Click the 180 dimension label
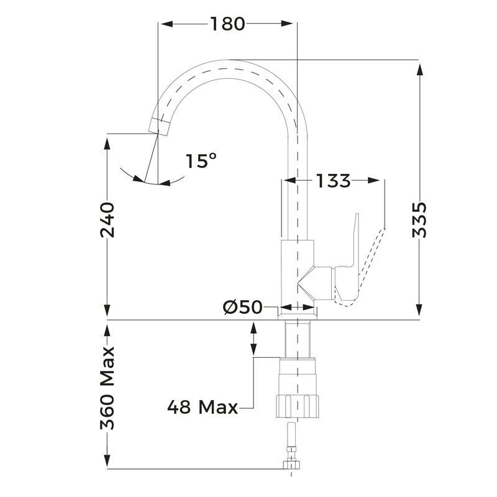coord(227,24)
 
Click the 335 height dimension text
coord(421,219)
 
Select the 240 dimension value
coord(108,219)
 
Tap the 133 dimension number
coord(333,181)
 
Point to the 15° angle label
coord(201,161)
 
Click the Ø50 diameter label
coord(242,307)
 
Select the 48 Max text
coord(203,408)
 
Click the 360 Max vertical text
coord(108,387)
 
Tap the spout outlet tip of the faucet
coord(160,126)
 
